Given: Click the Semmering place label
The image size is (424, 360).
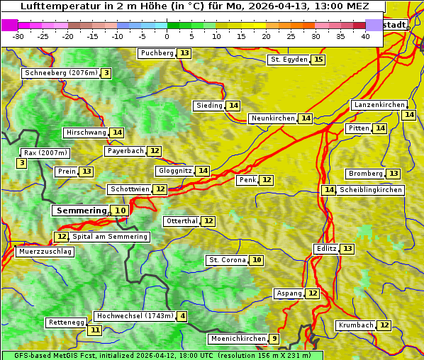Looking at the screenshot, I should pyautogui.click(x=81, y=210).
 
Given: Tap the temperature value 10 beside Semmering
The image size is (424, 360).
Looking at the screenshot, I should pyautogui.click(x=121, y=210).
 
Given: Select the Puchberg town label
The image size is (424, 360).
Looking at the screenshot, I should pyautogui.click(x=157, y=53).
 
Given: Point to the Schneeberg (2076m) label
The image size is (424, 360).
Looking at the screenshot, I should pyautogui.click(x=60, y=73).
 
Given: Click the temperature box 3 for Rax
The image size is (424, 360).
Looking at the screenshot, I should pyautogui.click(x=22, y=164).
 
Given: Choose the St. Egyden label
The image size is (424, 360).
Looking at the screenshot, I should pyautogui.click(x=289, y=60).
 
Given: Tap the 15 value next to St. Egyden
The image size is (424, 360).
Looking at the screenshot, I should pyautogui.click(x=318, y=60).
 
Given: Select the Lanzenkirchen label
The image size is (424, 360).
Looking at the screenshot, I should pyautogui.click(x=379, y=105).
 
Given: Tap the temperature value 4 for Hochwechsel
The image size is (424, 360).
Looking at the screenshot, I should pyautogui.click(x=183, y=316).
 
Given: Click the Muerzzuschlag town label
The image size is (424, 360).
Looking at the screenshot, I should pyautogui.click(x=45, y=252).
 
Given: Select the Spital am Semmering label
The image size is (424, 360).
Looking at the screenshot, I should pyautogui.click(x=110, y=237).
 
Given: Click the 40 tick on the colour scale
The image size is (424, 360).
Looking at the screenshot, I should pyautogui.click(x=365, y=36).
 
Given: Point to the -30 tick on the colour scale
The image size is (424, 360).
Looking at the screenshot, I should pyautogui.click(x=18, y=36).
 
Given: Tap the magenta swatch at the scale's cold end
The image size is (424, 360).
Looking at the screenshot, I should pyautogui.click(x=9, y=25).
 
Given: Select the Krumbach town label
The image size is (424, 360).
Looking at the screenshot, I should pyautogui.click(x=356, y=325).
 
